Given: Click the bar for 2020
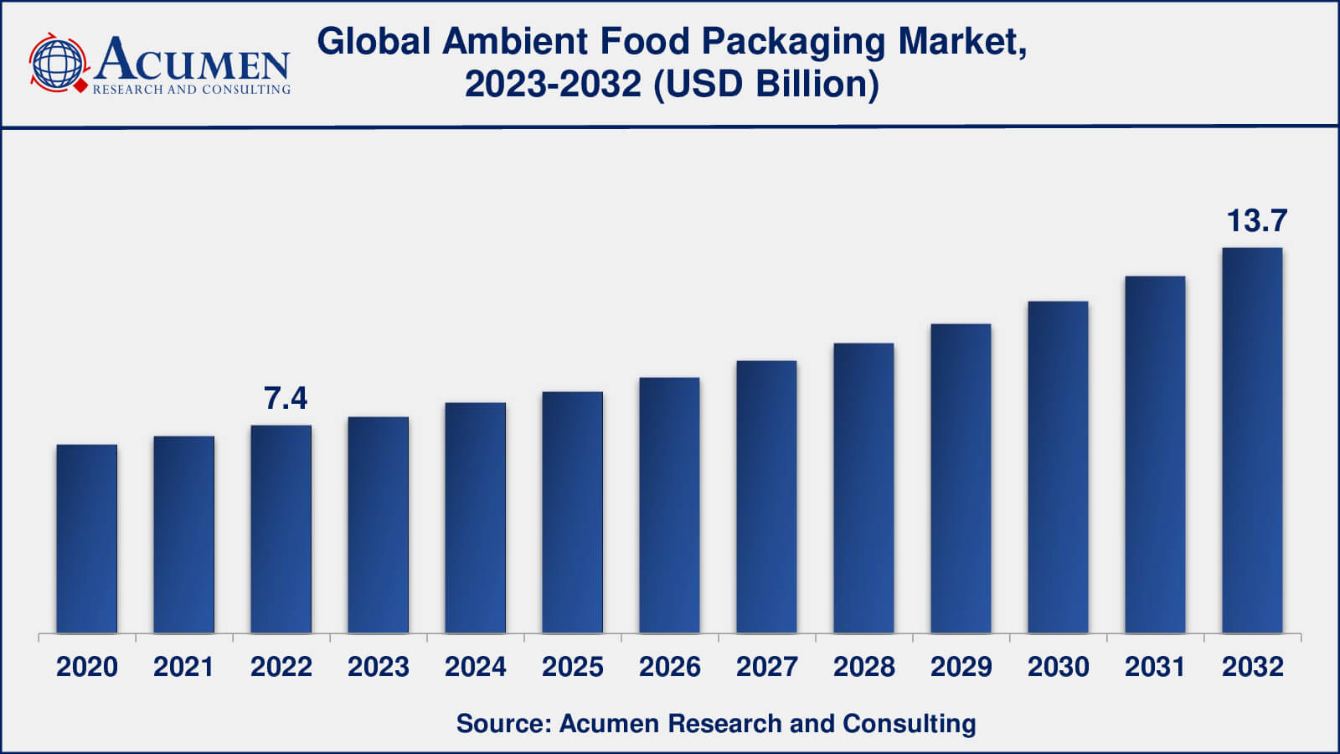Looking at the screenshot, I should click(x=87, y=538).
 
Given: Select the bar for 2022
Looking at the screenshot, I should click(x=281, y=529).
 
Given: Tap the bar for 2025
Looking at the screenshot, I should click(x=572, y=512).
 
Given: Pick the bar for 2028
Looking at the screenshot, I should click(x=863, y=488).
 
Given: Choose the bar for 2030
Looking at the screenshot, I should click(x=1058, y=467).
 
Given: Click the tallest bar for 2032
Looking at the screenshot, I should click(x=1252, y=440).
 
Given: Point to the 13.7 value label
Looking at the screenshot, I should click(x=1256, y=221).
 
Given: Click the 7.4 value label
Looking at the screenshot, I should click(x=286, y=399).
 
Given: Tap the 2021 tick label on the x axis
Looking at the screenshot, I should click(x=184, y=667).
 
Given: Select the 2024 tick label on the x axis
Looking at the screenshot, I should click(x=475, y=667).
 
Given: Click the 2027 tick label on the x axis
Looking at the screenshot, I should click(x=766, y=667).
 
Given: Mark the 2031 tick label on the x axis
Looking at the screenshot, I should click(x=1155, y=667).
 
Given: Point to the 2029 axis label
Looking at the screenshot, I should click(x=961, y=667).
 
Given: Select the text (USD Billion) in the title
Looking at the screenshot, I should click(x=765, y=84).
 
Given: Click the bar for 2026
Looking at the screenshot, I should click(x=669, y=505).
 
